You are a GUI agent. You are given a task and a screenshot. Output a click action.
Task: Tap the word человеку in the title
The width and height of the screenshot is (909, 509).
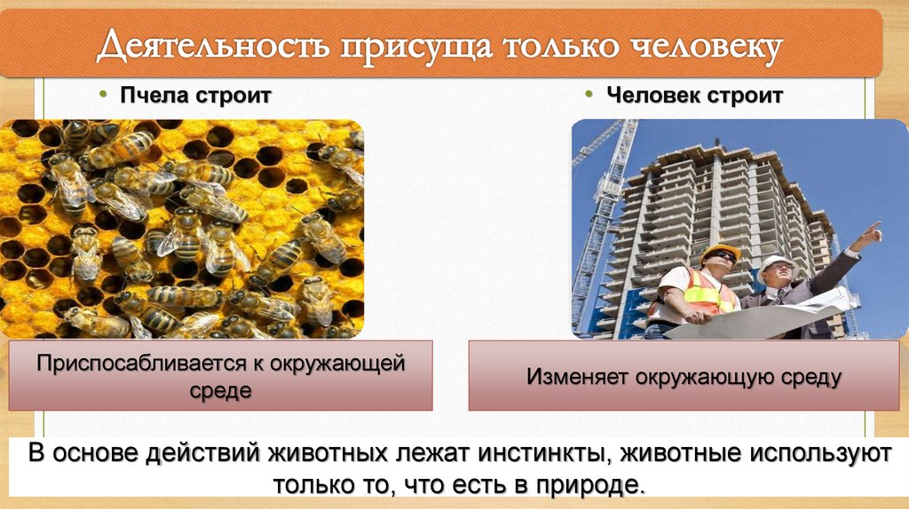pos(699,46)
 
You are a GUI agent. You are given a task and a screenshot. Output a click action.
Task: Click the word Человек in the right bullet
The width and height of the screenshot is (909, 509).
pos(652,95)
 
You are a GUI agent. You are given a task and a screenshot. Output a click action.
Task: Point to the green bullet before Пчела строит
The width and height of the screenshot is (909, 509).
pos(102,95)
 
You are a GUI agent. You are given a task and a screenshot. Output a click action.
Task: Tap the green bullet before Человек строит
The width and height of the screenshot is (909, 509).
pos(589,95)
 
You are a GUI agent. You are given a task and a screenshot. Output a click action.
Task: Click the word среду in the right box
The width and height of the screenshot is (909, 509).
pos(803,376)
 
